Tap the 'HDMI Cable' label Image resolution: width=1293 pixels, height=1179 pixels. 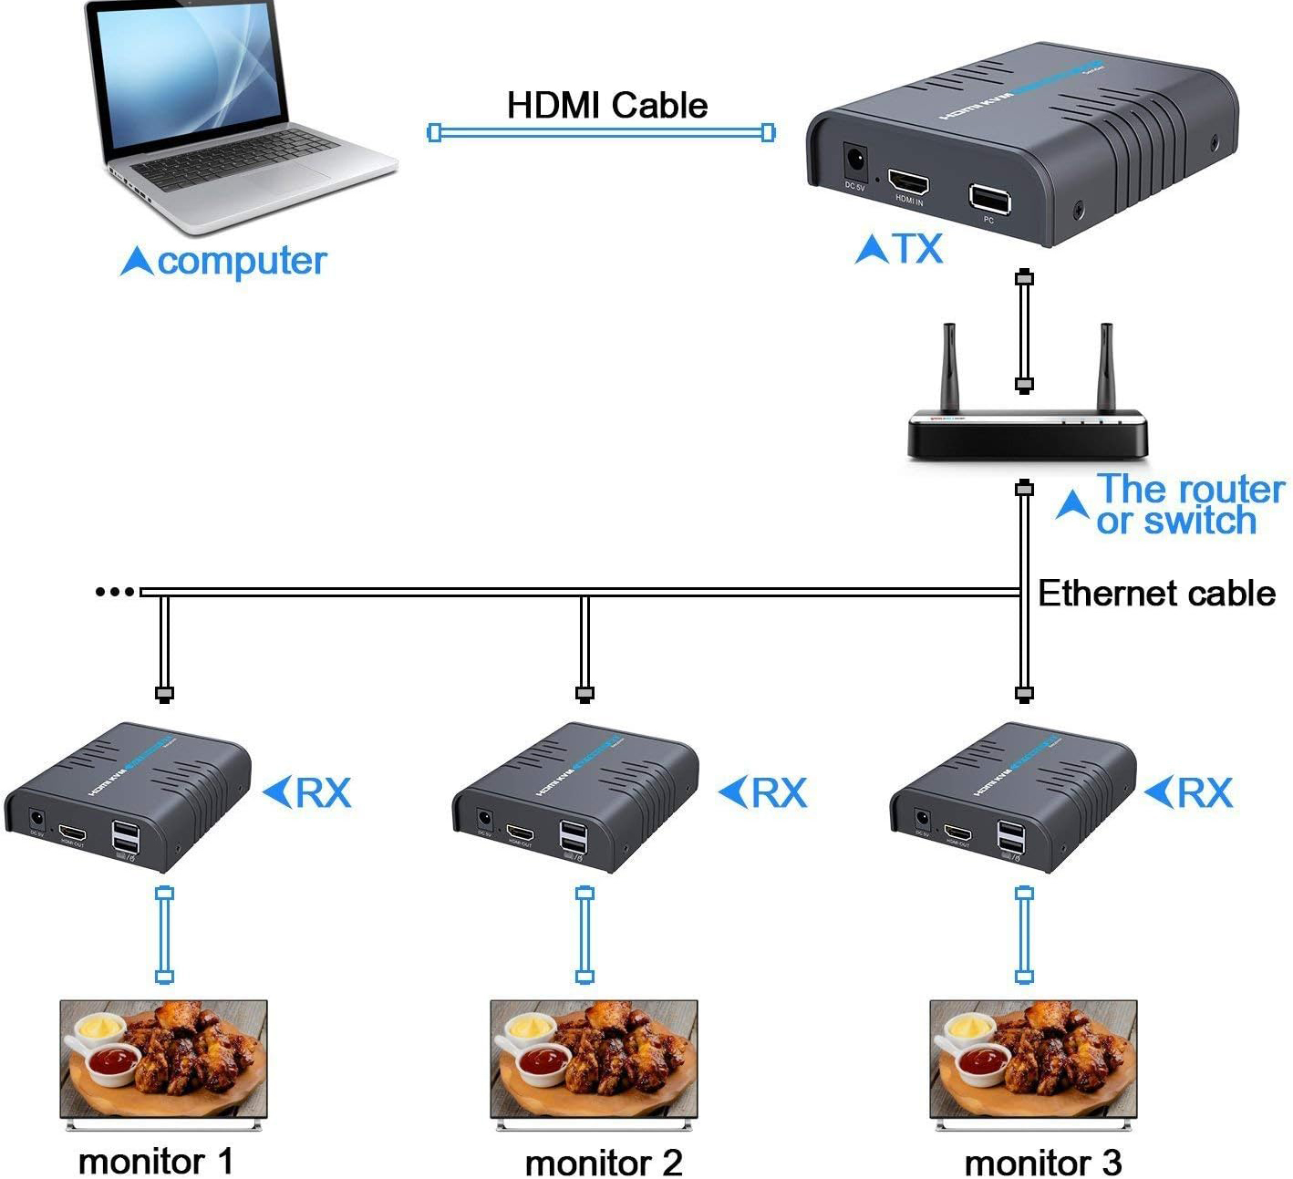click(x=606, y=105)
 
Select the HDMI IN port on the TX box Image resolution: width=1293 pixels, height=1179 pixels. click(x=908, y=180)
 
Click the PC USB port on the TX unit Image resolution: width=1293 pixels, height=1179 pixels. click(x=988, y=197)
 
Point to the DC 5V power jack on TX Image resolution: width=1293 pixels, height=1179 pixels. click(x=855, y=161)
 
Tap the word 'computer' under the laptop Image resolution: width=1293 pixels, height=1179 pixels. click(x=241, y=262)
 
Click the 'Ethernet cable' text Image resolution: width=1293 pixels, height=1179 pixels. click(x=1156, y=594)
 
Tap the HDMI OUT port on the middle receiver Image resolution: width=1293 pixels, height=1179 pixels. click(x=521, y=833)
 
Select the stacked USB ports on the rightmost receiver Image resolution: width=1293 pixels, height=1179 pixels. click(x=1009, y=838)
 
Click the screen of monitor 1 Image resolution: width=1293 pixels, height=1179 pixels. click(x=164, y=1058)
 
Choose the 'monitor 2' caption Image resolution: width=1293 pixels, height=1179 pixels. click(x=603, y=1163)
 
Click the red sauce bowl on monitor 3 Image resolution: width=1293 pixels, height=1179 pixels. click(x=986, y=1060)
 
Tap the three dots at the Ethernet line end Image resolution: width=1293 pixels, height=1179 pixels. click(x=115, y=592)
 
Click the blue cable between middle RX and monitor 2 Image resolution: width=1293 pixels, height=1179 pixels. click(x=585, y=935)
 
